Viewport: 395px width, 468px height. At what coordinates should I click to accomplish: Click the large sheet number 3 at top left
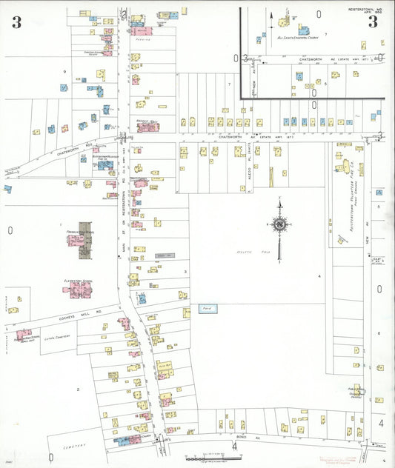click(16, 22)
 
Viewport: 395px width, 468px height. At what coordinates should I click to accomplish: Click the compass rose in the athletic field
click(280, 224)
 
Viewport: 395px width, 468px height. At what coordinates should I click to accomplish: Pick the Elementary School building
click(77, 289)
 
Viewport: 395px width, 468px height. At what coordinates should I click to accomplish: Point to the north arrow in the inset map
click(270, 16)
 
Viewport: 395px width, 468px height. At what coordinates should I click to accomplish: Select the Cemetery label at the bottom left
click(74, 445)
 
